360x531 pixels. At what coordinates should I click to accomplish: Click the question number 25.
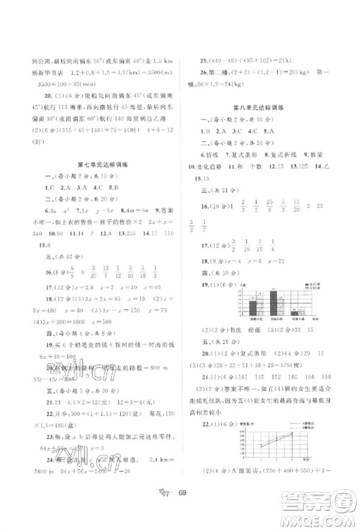[x=205, y=61]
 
